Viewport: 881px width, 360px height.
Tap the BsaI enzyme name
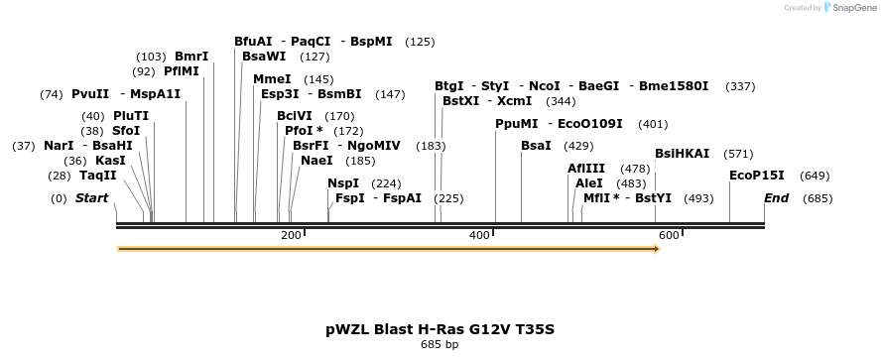pos(536,146)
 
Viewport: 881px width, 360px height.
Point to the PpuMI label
pos(516,124)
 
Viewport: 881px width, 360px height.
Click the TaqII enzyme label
pos(98,176)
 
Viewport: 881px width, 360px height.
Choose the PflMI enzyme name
pos(181,70)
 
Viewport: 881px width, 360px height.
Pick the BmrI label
pos(191,57)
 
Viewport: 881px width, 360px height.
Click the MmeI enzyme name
pos(272,79)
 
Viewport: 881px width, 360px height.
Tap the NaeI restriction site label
pos(316,161)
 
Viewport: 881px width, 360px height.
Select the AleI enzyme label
pos(589,183)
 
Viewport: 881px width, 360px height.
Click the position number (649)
pos(815,176)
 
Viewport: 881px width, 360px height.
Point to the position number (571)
pos(738,154)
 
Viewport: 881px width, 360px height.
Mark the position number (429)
pos(578,146)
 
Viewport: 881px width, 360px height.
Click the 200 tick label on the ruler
pos(291,235)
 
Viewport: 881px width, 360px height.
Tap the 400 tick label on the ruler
pos(480,235)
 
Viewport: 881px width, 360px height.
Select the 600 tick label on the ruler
pos(669,235)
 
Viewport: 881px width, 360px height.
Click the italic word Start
pos(91,197)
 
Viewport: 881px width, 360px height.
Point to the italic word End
pos(776,197)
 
